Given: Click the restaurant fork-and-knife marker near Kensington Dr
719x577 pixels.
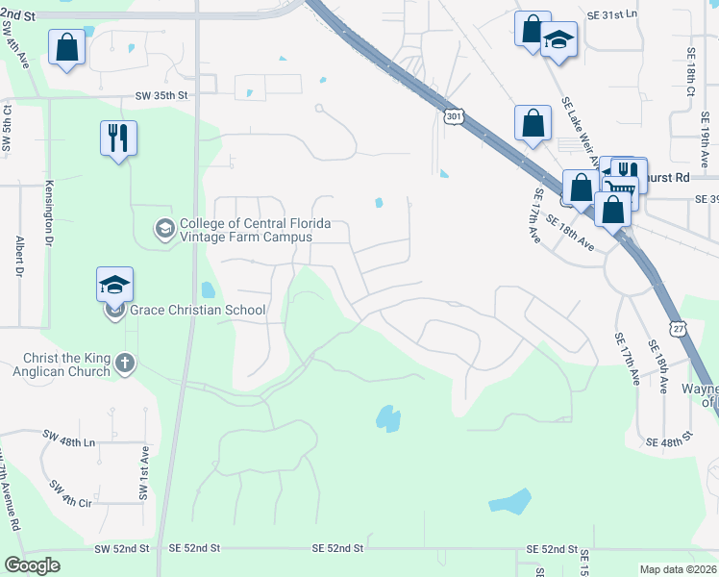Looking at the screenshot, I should (x=118, y=138).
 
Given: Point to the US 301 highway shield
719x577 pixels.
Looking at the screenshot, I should (x=455, y=115).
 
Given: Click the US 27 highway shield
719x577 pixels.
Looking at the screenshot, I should (x=679, y=328).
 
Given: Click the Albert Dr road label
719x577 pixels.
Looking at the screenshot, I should (x=18, y=257).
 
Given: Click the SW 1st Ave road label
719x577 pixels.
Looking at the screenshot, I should (x=142, y=472).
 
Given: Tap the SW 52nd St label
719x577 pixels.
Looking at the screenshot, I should (x=122, y=548).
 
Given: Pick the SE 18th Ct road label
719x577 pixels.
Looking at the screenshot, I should (x=690, y=71).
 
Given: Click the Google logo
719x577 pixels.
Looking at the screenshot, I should (x=32, y=565).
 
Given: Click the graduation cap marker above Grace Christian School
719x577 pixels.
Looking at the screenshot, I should (x=114, y=285).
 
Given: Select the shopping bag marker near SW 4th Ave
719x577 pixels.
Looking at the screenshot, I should (x=66, y=47).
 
